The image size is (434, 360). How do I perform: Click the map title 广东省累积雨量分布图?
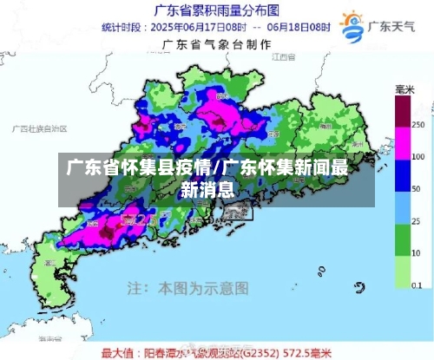click(x=216, y=11)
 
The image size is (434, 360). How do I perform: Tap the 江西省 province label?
click(x=279, y=56)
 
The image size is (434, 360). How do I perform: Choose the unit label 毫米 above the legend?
click(x=404, y=90)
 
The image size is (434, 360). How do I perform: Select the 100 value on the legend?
click(x=417, y=157)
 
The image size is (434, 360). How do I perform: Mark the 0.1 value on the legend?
click(x=417, y=284)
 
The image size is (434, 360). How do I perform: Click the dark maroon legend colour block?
click(x=403, y=111)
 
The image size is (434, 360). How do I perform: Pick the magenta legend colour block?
click(x=403, y=142)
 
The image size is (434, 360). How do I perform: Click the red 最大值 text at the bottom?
click(x=117, y=353)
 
